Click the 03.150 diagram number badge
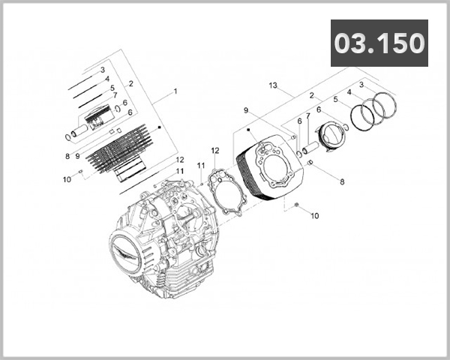click(379, 43)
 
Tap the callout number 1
click(175, 91)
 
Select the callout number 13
click(273, 85)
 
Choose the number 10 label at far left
click(67, 179)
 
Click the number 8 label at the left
click(67, 157)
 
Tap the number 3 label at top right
click(361, 85)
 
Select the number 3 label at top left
click(102, 69)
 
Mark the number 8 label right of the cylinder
click(342, 181)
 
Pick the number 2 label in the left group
click(130, 83)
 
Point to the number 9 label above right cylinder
click(245, 110)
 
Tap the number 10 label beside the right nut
click(314, 215)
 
